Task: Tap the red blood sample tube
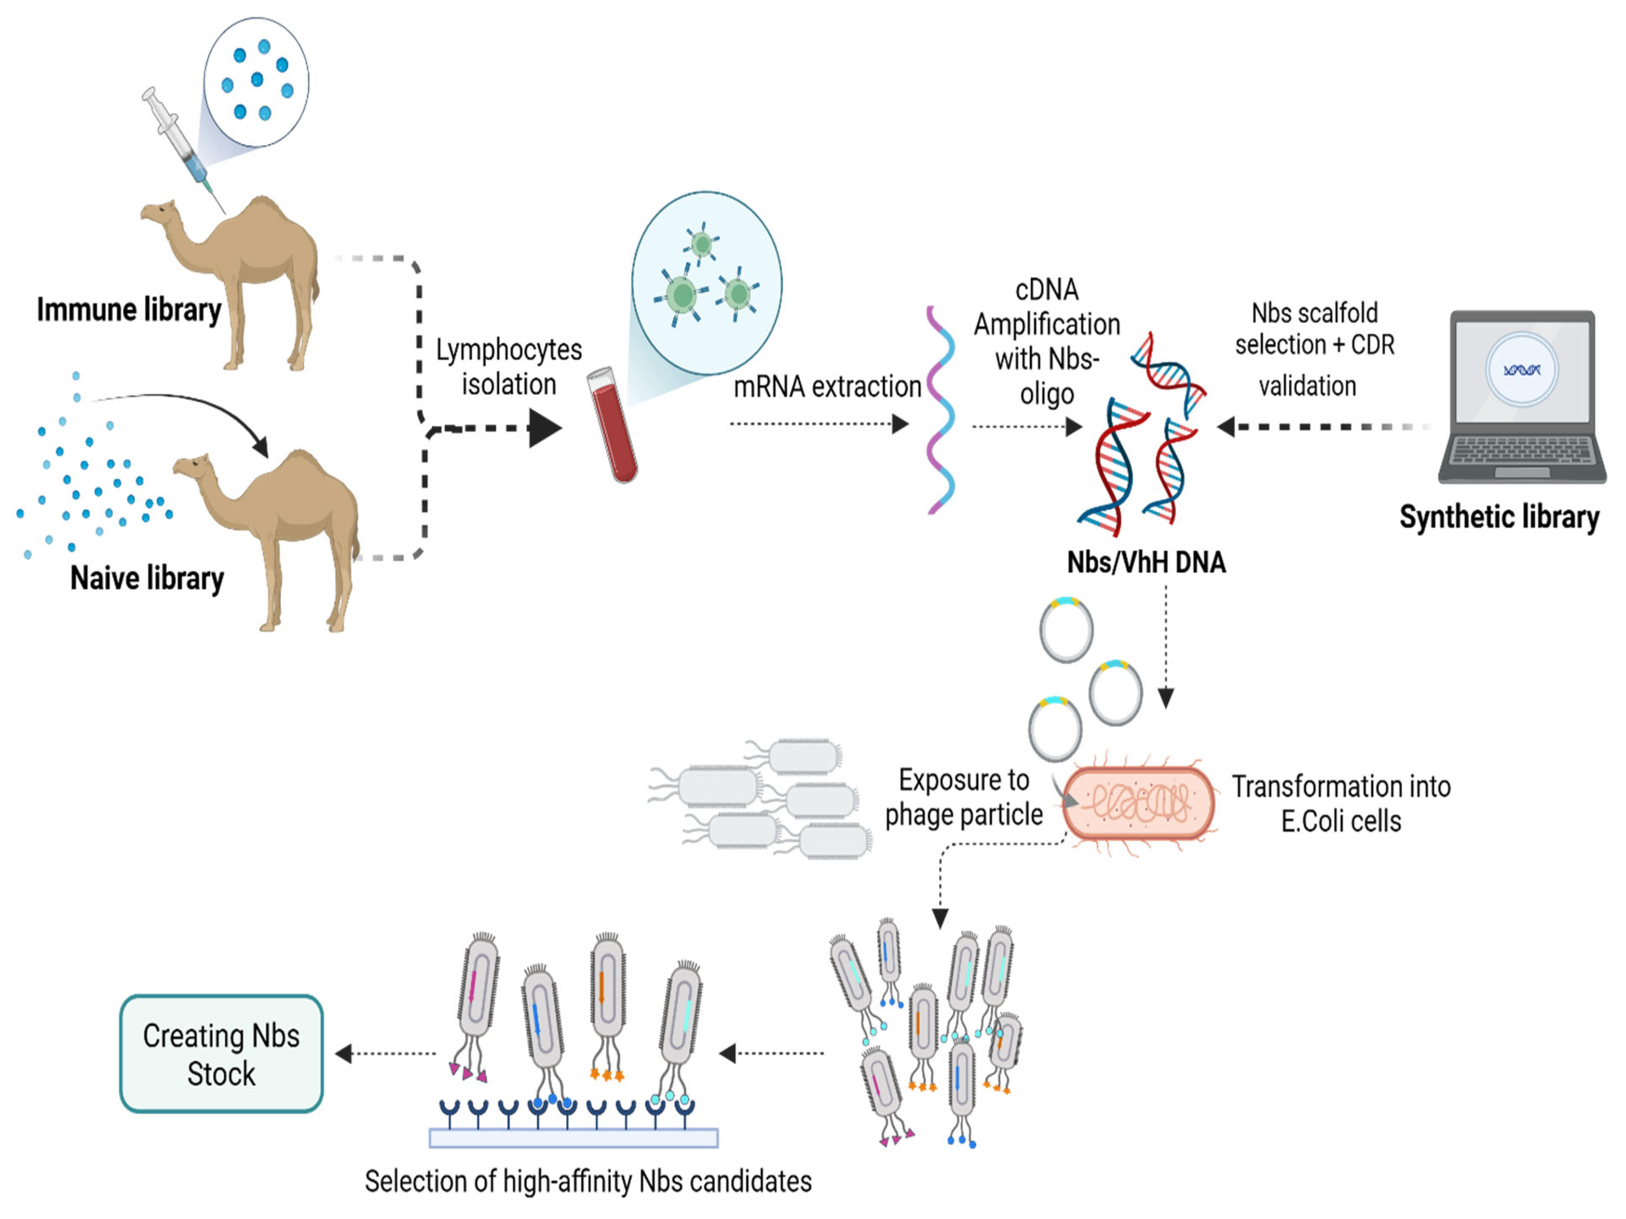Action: tap(612, 426)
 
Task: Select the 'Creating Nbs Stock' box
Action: tap(221, 1054)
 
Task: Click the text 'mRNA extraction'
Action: tap(827, 387)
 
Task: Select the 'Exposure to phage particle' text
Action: tap(964, 797)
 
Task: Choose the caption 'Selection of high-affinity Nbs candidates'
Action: tap(588, 1181)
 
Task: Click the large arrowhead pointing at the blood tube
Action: tap(544, 428)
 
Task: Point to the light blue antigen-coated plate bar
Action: tap(574, 1138)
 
